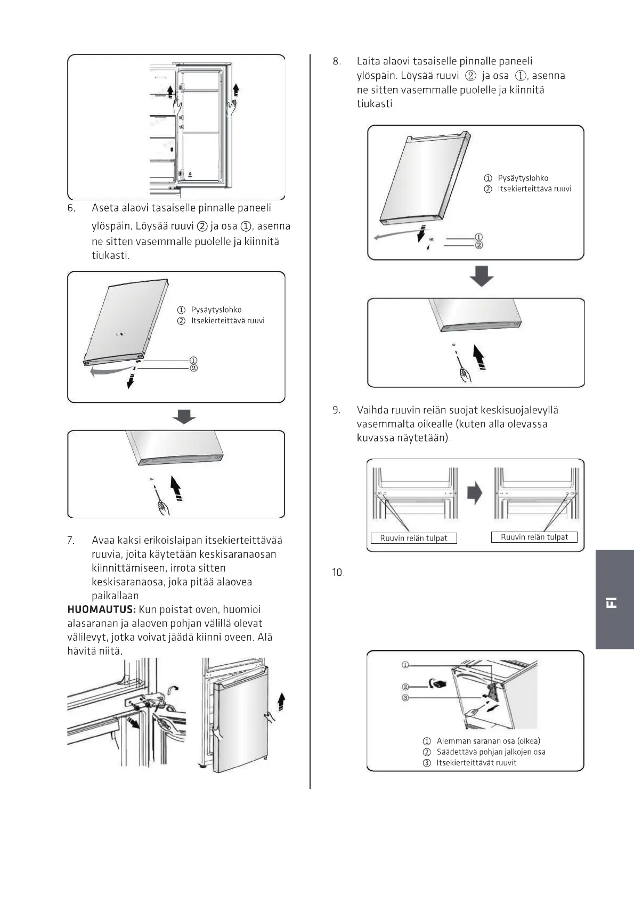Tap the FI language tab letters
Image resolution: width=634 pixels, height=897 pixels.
tap(612, 602)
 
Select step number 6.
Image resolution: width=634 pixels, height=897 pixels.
tap(71, 208)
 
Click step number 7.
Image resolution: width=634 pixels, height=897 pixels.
tap(71, 540)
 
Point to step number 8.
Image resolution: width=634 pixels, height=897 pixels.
tap(337, 61)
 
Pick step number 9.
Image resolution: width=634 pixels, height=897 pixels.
tap(337, 410)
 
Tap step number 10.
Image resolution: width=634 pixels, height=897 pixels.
tap(338, 573)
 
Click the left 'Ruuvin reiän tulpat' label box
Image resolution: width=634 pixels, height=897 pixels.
tap(413, 538)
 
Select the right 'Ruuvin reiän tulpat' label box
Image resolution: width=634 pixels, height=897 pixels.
tap(534, 537)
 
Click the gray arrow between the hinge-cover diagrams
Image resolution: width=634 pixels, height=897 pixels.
tap(475, 493)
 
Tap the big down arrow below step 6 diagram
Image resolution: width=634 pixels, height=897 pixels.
tap(184, 416)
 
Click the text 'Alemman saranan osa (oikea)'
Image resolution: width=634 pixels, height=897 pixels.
tap(488, 741)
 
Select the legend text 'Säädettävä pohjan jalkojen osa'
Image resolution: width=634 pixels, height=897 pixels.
tap(491, 752)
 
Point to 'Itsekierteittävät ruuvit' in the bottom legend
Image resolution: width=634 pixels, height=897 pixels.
tap(476, 763)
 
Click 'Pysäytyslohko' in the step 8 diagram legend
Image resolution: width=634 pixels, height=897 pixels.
tap(523, 178)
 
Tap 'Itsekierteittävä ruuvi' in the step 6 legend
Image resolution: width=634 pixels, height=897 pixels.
tap(227, 321)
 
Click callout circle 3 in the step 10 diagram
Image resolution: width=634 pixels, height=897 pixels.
tap(405, 698)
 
